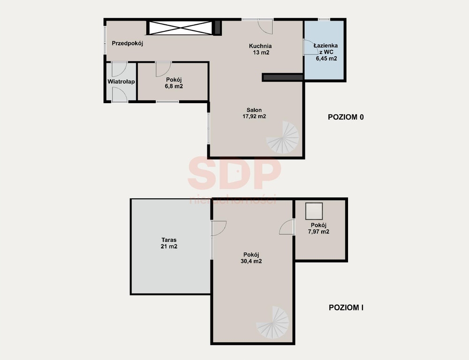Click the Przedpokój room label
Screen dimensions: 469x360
128,43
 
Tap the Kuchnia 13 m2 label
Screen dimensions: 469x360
260,49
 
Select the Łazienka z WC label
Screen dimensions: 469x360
326,52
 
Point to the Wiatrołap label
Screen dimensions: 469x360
121,82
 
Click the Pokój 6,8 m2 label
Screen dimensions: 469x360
174,83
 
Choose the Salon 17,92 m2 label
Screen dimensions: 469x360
254,113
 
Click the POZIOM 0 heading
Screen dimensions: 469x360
346,117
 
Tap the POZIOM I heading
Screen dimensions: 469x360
346,307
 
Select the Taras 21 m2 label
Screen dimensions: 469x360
169,243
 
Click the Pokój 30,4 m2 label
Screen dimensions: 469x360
251,258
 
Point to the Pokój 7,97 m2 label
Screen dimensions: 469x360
318,228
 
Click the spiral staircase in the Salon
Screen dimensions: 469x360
283,137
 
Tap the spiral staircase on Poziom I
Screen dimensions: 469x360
273,322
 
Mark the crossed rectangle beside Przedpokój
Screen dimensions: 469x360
181,28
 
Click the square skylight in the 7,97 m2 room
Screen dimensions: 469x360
314,211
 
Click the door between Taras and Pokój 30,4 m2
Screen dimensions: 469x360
219,228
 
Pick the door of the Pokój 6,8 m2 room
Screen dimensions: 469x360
163,69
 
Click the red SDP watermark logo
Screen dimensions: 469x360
234,173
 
